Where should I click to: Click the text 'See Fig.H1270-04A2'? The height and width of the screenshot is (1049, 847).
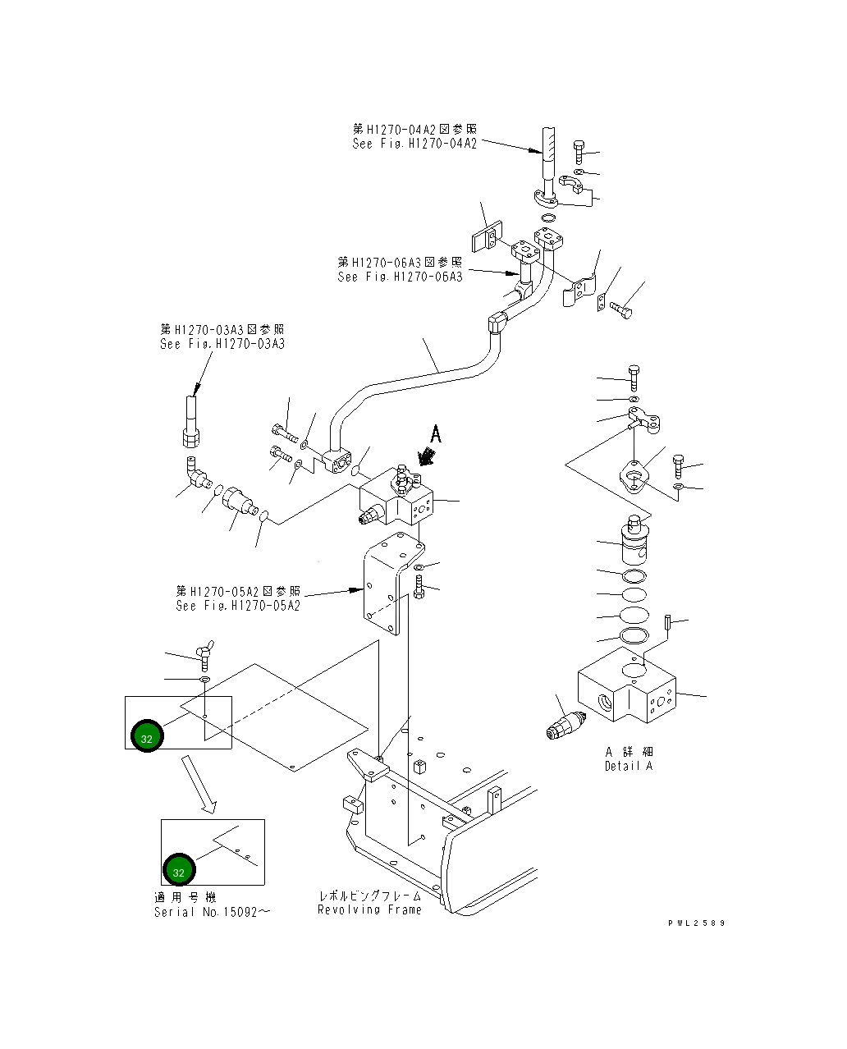[414, 144]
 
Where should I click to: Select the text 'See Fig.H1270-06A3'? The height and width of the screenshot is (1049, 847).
[400, 277]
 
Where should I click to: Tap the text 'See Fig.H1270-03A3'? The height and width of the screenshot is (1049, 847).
[222, 344]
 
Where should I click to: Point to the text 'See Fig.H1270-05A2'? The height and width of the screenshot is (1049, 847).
[237, 606]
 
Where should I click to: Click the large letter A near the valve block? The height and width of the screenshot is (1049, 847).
[436, 434]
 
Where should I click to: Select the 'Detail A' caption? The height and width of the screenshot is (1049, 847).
[629, 766]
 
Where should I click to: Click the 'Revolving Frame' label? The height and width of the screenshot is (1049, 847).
[369, 909]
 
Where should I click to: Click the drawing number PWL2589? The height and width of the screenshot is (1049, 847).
[696, 923]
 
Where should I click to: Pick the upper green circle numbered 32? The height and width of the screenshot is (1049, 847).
[147, 736]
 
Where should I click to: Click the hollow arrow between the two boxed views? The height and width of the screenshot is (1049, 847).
[199, 785]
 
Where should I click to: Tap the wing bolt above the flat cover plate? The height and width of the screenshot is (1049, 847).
[204, 653]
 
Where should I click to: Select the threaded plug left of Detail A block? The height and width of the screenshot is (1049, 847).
[565, 725]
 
